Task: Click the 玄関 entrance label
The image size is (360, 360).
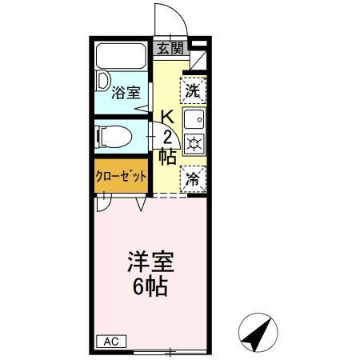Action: click(170, 49)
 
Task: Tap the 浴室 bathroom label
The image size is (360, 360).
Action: click(124, 92)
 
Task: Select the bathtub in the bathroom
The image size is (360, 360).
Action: click(122, 58)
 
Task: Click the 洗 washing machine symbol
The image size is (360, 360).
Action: click(193, 90)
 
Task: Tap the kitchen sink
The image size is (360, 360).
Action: click(194, 121)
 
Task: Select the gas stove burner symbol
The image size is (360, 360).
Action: click(194, 144)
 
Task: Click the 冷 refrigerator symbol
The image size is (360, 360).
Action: click(193, 178)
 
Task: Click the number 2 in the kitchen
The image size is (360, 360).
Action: click(168, 135)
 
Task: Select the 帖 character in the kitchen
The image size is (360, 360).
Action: click(167, 156)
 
